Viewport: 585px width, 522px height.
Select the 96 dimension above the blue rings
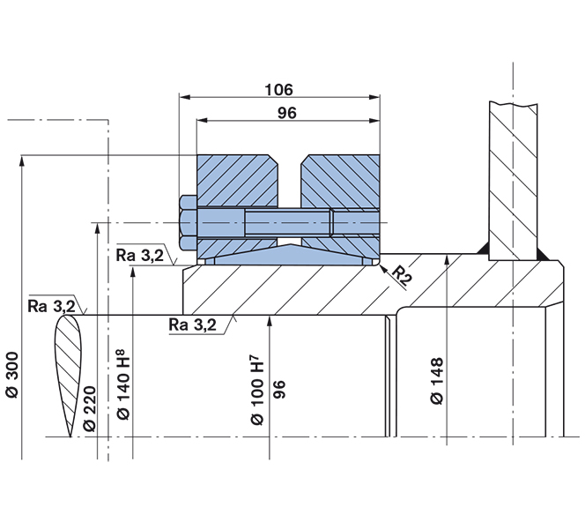pyautogui.click(x=287, y=112)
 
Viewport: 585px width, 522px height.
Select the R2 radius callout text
pyautogui.click(x=403, y=274)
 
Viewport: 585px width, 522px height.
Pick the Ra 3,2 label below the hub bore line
pyautogui.click(x=191, y=325)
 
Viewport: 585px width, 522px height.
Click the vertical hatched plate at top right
pyautogui.click(x=514, y=176)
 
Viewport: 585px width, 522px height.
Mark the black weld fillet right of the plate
pyautogui.click(x=544, y=254)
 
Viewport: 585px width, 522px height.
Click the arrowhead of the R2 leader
pyautogui.click(x=381, y=266)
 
